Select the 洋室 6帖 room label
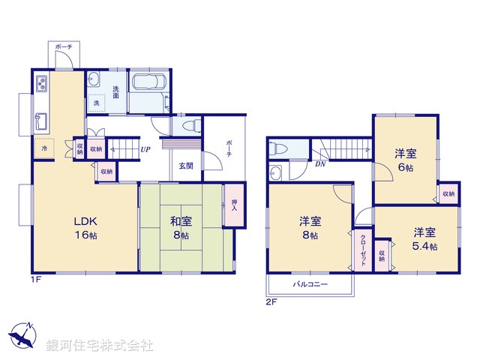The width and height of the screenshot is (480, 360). coord(406,160)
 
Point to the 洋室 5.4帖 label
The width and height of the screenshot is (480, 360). coord(424,238)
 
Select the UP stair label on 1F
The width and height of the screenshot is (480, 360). coord(146,148)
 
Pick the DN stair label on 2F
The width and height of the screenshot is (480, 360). coord(319,163)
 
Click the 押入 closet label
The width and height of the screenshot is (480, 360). coord(234,202)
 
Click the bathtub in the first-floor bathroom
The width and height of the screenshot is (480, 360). coord(148,91)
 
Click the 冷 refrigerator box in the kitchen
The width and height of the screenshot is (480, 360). coord(43,149)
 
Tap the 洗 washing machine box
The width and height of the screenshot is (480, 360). coord(97,103)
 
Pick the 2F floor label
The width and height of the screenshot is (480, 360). coord(271,302)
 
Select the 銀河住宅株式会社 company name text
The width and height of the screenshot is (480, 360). coord(99,346)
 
